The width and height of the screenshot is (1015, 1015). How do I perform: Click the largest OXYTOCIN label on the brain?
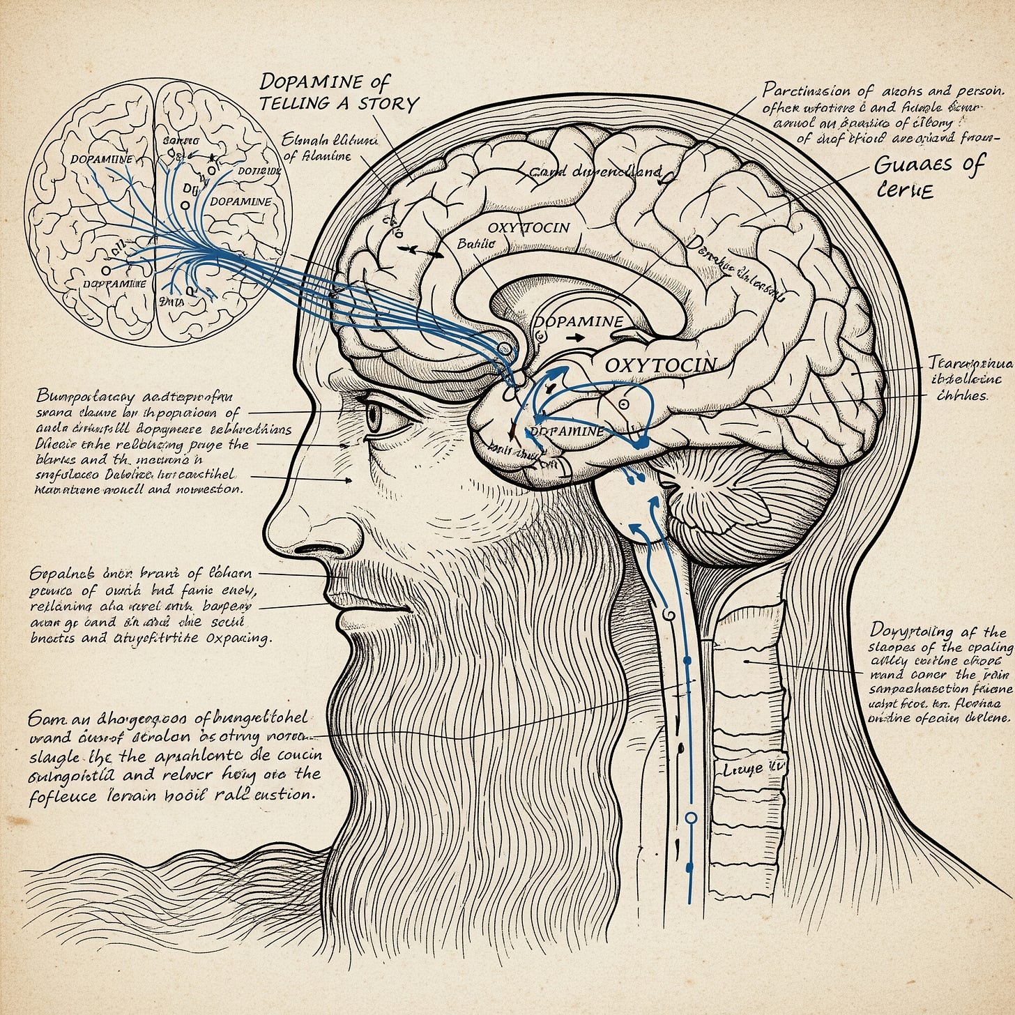pos(659,365)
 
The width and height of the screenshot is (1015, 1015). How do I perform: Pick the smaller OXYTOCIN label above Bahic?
pos(528,227)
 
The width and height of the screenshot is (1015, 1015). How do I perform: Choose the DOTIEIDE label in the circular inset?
pos(259,170)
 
